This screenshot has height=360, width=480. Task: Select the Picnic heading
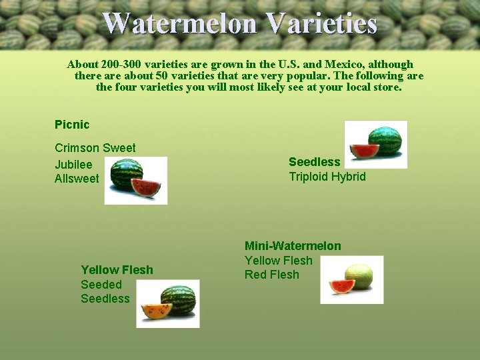coord(72,125)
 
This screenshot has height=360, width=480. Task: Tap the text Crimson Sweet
coord(95,148)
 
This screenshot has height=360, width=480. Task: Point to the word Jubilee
coord(73,164)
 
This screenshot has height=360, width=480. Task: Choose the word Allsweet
coord(77,179)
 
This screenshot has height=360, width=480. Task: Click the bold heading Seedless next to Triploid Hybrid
coord(314,162)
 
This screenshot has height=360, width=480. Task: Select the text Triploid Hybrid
coord(327,177)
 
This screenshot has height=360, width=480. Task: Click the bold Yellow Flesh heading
coord(117,270)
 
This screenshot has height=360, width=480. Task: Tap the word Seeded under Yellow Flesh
coord(101,285)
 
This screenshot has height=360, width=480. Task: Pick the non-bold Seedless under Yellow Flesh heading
coord(105,299)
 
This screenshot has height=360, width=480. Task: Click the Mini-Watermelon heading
coord(293,246)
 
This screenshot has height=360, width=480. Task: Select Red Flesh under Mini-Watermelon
coord(272,275)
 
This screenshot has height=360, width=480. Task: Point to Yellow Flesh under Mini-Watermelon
coord(278,261)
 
